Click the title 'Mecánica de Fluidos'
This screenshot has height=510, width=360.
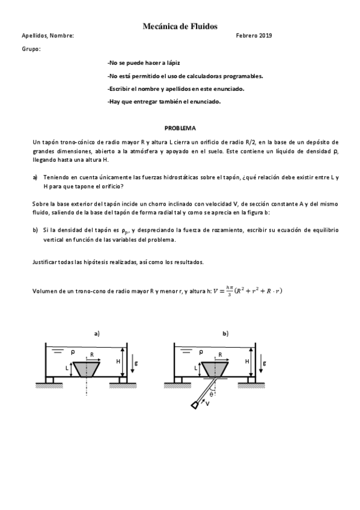180,26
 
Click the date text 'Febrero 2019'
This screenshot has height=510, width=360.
254,36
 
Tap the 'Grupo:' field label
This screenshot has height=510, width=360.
31,49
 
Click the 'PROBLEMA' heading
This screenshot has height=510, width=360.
180,128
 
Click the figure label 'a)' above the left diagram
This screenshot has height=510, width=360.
96,333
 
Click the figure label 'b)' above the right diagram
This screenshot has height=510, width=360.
225,333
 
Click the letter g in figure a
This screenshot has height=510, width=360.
136,364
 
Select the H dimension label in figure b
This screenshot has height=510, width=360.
248,361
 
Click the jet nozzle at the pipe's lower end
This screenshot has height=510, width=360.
195,405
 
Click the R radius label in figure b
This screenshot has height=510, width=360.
221,355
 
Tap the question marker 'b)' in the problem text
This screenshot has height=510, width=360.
35,230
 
